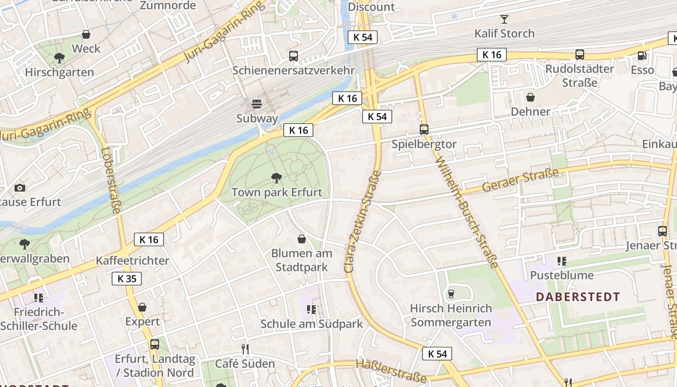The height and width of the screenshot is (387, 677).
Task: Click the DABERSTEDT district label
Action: [x=578, y=297]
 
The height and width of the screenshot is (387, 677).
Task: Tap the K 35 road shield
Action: [x=127, y=278]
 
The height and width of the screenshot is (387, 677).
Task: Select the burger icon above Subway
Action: [x=257, y=104]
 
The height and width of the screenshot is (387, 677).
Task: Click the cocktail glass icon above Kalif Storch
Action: [x=504, y=19]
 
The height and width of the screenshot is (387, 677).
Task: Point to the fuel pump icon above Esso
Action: [x=642, y=56]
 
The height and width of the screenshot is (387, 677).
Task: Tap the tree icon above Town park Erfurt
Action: [x=277, y=178]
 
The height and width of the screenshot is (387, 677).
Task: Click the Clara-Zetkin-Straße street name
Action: [x=362, y=221]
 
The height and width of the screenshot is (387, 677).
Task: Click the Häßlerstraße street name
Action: [x=391, y=371]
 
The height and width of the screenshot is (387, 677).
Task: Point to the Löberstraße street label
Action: [x=111, y=180]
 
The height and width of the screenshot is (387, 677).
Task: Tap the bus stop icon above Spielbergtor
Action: [x=424, y=130]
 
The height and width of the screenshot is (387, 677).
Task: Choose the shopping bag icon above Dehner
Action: [x=530, y=97]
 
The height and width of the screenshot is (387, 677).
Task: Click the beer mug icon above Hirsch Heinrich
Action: [x=451, y=294]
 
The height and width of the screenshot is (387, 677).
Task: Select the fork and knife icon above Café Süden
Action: [x=245, y=349]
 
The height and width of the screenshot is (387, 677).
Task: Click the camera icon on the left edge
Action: [x=20, y=188]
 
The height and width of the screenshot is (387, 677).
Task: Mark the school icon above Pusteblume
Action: [x=561, y=261]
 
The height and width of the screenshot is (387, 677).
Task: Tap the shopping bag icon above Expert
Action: [x=142, y=307]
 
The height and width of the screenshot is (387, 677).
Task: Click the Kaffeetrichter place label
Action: [x=132, y=261]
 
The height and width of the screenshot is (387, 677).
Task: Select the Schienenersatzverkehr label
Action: [x=294, y=70]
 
